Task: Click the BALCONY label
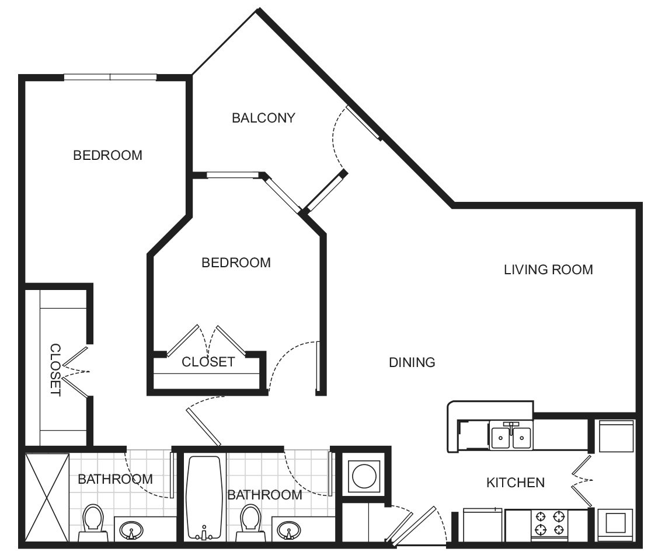[263, 118]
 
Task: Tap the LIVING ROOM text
[548, 270]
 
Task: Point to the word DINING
[412, 362]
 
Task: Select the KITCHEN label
[516, 483]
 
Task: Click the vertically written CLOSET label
[55, 370]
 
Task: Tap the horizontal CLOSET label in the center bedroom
[208, 362]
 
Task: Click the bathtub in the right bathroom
[204, 498]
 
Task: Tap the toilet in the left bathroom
[93, 521]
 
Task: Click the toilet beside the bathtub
[250, 521]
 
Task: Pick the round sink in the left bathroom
[131, 530]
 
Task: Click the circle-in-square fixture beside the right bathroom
[365, 477]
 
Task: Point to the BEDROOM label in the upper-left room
[107, 155]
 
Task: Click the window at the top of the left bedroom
[110, 77]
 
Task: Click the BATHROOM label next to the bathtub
[264, 495]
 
